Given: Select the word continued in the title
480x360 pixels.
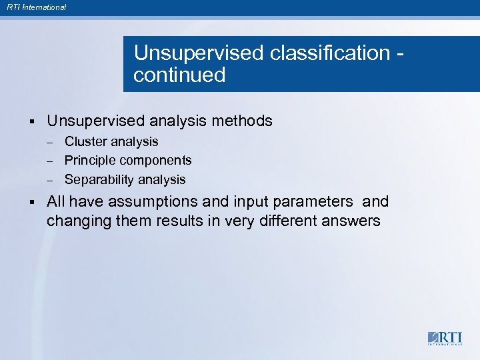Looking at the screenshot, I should coord(179,75).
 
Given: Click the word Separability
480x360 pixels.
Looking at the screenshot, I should coord(99,180).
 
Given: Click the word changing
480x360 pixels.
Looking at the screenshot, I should coord(74,221).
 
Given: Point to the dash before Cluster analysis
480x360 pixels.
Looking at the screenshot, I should coord(49,142).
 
